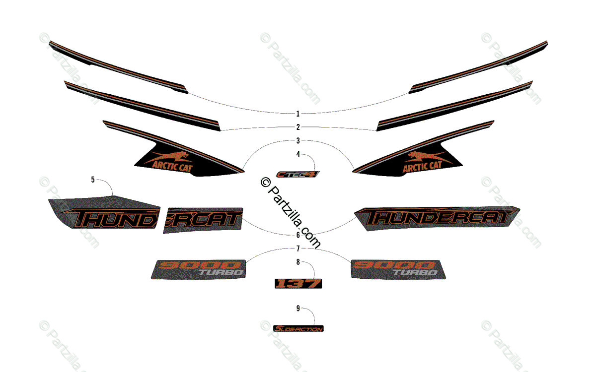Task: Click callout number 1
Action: click(x=298, y=114)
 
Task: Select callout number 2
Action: click(x=298, y=127)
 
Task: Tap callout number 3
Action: click(x=298, y=140)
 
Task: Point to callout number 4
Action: click(x=298, y=154)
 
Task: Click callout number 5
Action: click(x=93, y=180)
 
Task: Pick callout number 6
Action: click(x=298, y=235)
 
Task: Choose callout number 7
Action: click(x=298, y=248)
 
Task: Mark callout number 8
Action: click(x=298, y=262)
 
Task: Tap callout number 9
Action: click(x=298, y=309)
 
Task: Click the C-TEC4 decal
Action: click(x=298, y=174)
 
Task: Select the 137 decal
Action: click(x=298, y=283)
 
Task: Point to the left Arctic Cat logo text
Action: click(x=172, y=165)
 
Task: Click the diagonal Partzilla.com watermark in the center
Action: click(x=291, y=213)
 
